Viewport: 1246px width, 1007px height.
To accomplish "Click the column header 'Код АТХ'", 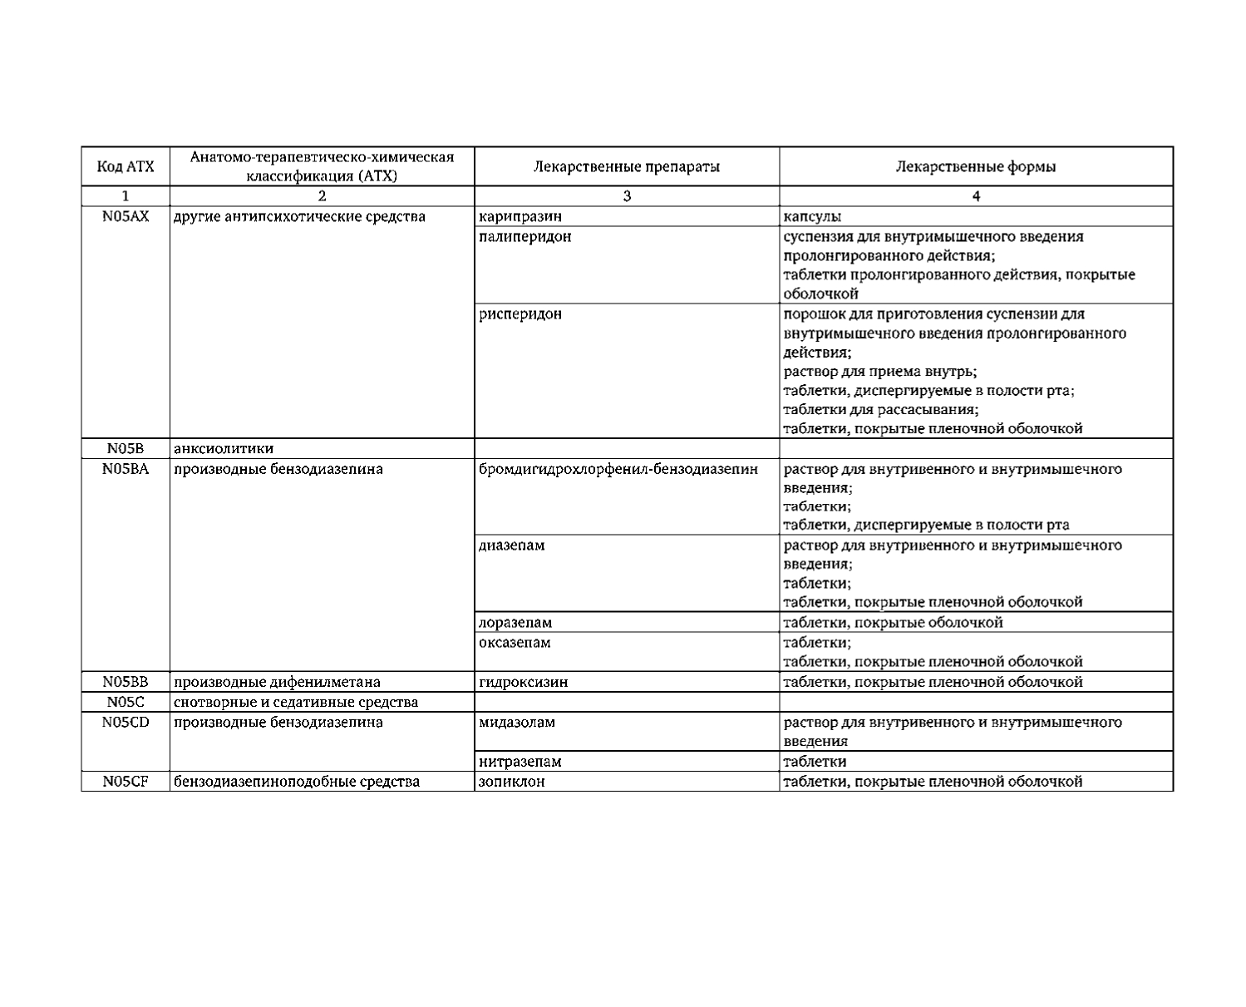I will (x=126, y=166).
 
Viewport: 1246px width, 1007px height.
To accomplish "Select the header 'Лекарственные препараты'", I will (x=626, y=166).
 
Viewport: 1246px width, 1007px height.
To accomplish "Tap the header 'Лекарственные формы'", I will (x=976, y=166).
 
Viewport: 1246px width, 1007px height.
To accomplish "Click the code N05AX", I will (x=126, y=217).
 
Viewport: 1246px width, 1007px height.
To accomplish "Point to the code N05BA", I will (x=126, y=469).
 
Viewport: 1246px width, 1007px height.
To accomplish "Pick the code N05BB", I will (x=126, y=682).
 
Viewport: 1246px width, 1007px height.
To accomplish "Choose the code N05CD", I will (x=126, y=722).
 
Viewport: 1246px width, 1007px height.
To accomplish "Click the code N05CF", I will (x=126, y=782).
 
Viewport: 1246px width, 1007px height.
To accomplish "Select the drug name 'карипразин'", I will (x=520, y=217).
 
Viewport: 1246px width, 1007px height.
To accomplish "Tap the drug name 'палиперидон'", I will (x=525, y=237).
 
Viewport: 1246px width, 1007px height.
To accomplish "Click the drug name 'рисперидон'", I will (x=520, y=314).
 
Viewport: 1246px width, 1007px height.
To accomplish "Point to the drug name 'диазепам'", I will (x=512, y=545).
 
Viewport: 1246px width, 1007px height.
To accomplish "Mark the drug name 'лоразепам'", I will (x=515, y=623).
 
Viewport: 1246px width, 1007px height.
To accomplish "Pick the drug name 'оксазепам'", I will (x=515, y=643).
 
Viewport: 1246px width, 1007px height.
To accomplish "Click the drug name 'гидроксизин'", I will (x=524, y=682).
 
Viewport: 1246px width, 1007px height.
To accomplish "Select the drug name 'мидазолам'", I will (x=517, y=722).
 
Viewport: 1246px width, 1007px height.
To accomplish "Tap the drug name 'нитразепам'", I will (x=520, y=762).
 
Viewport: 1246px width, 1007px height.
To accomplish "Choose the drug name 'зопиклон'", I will (x=512, y=782).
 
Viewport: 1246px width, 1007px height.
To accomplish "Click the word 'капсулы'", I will (x=812, y=217).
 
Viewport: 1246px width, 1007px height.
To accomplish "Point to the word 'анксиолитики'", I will (x=224, y=449).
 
